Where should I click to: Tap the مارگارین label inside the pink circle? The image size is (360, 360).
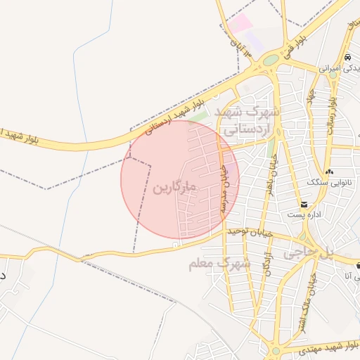[x=172, y=188]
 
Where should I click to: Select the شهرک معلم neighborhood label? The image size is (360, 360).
[x=219, y=264]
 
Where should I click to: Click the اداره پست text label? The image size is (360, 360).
[x=307, y=213]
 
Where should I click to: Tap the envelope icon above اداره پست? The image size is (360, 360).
[x=304, y=203]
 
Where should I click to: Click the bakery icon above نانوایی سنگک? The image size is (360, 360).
[x=328, y=171]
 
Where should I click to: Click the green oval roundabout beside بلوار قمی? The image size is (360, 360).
[x=271, y=60]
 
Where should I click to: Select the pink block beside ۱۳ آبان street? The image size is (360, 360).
[x=240, y=23]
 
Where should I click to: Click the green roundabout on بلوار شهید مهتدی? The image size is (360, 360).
[x=275, y=350]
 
